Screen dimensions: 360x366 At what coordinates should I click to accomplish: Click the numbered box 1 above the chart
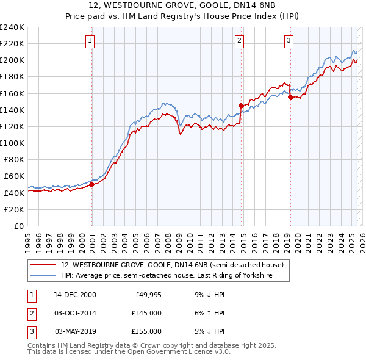point(90,41)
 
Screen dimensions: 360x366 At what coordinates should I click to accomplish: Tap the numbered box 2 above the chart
point(239,41)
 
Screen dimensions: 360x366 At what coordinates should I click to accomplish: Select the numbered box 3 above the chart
point(289,41)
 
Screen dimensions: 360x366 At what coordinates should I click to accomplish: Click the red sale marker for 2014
point(241,106)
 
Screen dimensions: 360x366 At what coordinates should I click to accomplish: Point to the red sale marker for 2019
point(290,97)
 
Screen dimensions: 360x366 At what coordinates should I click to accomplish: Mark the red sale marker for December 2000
point(92,184)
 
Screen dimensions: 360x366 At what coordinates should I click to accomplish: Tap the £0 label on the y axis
point(19,226)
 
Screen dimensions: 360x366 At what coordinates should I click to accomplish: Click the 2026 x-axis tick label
point(361,239)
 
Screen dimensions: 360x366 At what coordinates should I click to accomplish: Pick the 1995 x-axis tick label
point(27,239)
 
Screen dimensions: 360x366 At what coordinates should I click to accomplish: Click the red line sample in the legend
point(44,265)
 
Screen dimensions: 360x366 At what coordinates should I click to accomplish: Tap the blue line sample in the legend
point(44,276)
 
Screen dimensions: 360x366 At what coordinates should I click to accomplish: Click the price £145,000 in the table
point(146,313)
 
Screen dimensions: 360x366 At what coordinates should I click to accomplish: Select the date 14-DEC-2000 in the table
point(75,295)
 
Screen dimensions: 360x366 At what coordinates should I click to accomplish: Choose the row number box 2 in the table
point(30,313)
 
